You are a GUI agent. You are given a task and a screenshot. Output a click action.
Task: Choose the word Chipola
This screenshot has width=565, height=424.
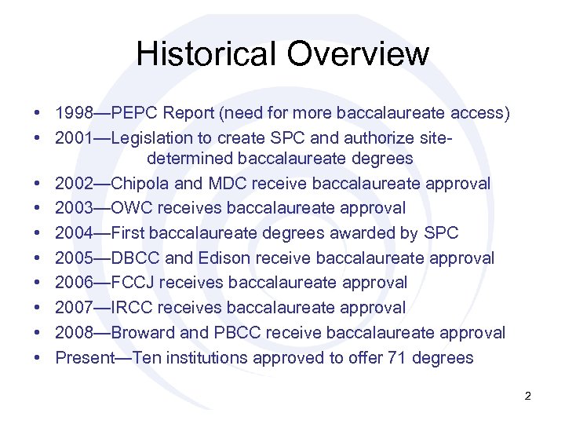click(138, 184)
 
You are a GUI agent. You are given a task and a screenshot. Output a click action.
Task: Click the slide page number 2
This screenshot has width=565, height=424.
click(528, 397)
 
